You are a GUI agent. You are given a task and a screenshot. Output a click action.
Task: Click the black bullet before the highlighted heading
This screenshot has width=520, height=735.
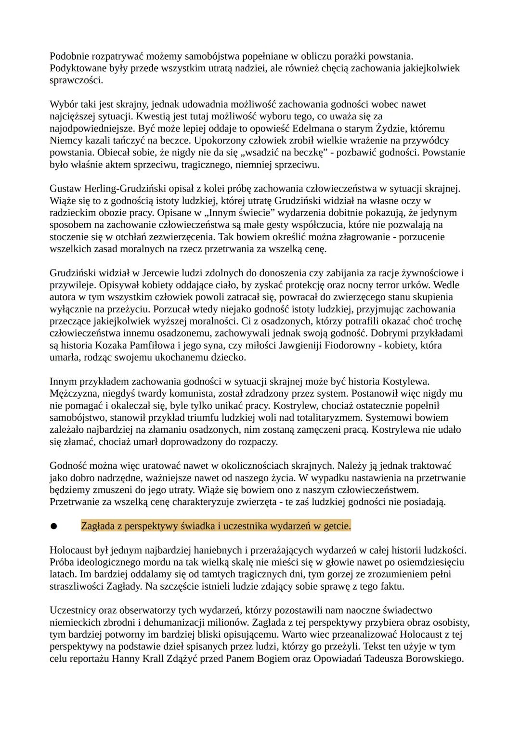[53, 527]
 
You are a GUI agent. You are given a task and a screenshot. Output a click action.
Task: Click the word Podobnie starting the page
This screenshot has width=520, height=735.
[68, 56]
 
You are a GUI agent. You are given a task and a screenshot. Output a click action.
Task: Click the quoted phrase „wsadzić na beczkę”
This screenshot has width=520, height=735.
[281, 153]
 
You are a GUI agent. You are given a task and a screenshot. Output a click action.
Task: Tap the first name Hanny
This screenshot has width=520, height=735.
[125, 658]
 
